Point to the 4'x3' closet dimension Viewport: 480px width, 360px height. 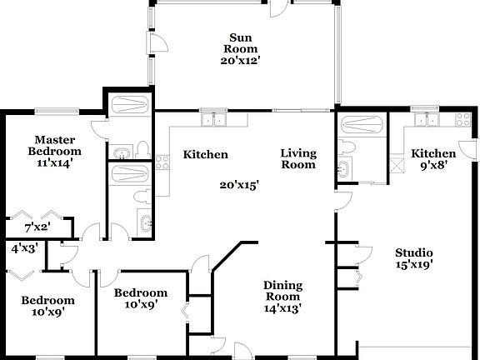tap(22, 248)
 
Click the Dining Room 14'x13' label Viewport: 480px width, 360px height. tap(283, 296)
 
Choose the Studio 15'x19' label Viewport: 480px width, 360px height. tap(414, 259)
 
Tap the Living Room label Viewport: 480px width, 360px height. tap(298, 158)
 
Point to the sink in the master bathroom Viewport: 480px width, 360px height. tap(122, 152)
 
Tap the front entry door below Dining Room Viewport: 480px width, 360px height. tap(240, 350)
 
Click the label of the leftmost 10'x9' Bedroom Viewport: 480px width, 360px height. tap(47, 307)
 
